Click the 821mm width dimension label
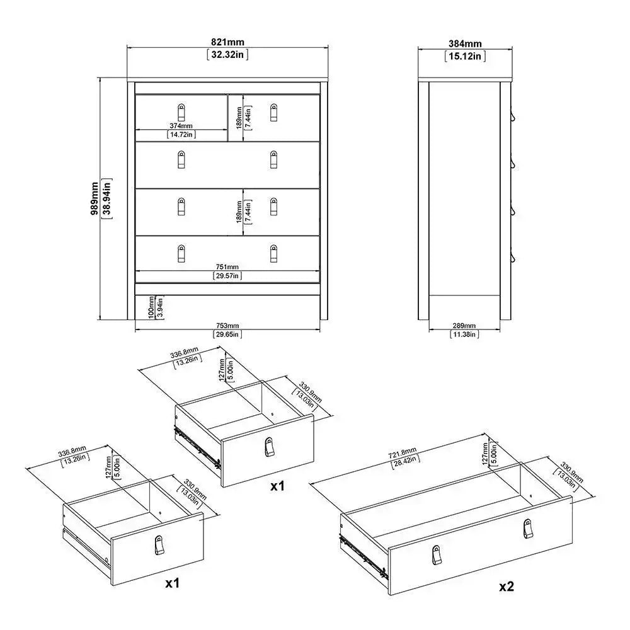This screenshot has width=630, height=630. (x=227, y=42)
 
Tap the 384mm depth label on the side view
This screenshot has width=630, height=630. (x=465, y=43)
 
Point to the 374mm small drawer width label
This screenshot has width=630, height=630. (x=181, y=125)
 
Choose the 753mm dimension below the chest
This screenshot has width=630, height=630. (x=227, y=326)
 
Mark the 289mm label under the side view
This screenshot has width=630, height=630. (x=464, y=326)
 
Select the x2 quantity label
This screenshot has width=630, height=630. (x=507, y=586)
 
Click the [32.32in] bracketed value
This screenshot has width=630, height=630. (x=227, y=55)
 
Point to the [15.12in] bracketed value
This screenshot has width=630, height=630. (x=465, y=56)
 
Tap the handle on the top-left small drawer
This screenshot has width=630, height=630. (x=181, y=112)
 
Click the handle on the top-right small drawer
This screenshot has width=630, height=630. (x=273, y=112)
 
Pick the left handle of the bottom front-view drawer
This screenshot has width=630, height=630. (x=181, y=253)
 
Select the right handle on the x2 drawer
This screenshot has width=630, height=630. (x=527, y=529)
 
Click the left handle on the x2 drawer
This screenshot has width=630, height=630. (x=437, y=555)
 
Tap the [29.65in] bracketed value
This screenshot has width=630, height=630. (x=227, y=334)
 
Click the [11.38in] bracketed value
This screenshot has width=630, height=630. (x=464, y=334)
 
